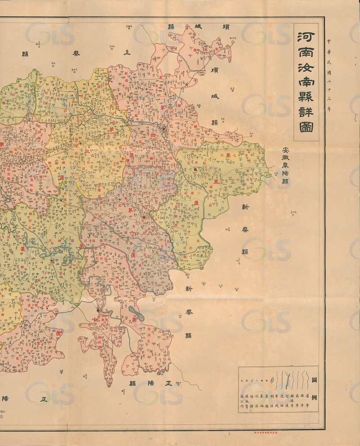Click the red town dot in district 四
[x=164, y=129]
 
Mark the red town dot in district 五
[x=195, y=169]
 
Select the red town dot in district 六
[x=144, y=218]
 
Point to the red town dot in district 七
[x=98, y=310]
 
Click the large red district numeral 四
[x=153, y=134]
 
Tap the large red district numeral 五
[x=216, y=182]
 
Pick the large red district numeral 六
[x=132, y=234]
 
